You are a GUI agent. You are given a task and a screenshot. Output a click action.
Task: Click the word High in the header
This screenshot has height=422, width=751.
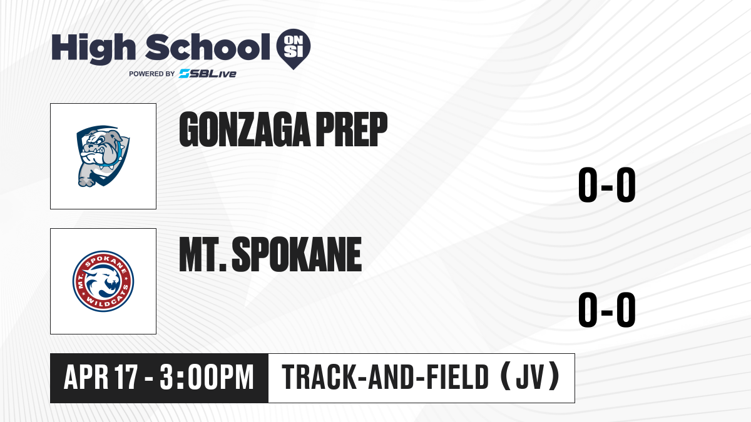(x=93, y=49)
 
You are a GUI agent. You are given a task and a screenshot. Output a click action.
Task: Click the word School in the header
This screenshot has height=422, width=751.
(x=207, y=47)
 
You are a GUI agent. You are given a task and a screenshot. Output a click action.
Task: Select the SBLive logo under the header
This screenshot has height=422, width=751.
(x=207, y=74)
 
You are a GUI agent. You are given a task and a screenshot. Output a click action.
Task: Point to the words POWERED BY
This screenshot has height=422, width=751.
(x=152, y=74)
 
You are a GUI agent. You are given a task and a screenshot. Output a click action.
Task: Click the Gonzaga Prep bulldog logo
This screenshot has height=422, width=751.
(x=103, y=156)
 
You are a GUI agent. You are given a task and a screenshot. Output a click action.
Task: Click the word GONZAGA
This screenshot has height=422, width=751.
(x=245, y=129)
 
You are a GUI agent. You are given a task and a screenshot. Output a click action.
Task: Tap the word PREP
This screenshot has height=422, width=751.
(x=352, y=129)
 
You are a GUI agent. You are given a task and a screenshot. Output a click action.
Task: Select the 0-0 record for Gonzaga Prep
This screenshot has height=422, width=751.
(x=607, y=185)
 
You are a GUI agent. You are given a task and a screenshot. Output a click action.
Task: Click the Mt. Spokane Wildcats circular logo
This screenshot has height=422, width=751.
(x=103, y=281)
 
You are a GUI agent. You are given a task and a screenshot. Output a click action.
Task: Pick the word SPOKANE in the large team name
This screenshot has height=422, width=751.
(x=297, y=254)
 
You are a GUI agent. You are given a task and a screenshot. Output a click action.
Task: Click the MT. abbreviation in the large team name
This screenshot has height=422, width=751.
(x=203, y=254)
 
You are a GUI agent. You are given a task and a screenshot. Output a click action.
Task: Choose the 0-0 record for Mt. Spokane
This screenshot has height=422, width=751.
(x=607, y=309)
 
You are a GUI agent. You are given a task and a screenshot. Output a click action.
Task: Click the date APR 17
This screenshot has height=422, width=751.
(x=101, y=377)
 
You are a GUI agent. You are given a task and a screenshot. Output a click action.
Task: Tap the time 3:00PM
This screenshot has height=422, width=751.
(x=207, y=377)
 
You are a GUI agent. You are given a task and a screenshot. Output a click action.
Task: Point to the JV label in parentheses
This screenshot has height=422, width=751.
(x=529, y=377)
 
